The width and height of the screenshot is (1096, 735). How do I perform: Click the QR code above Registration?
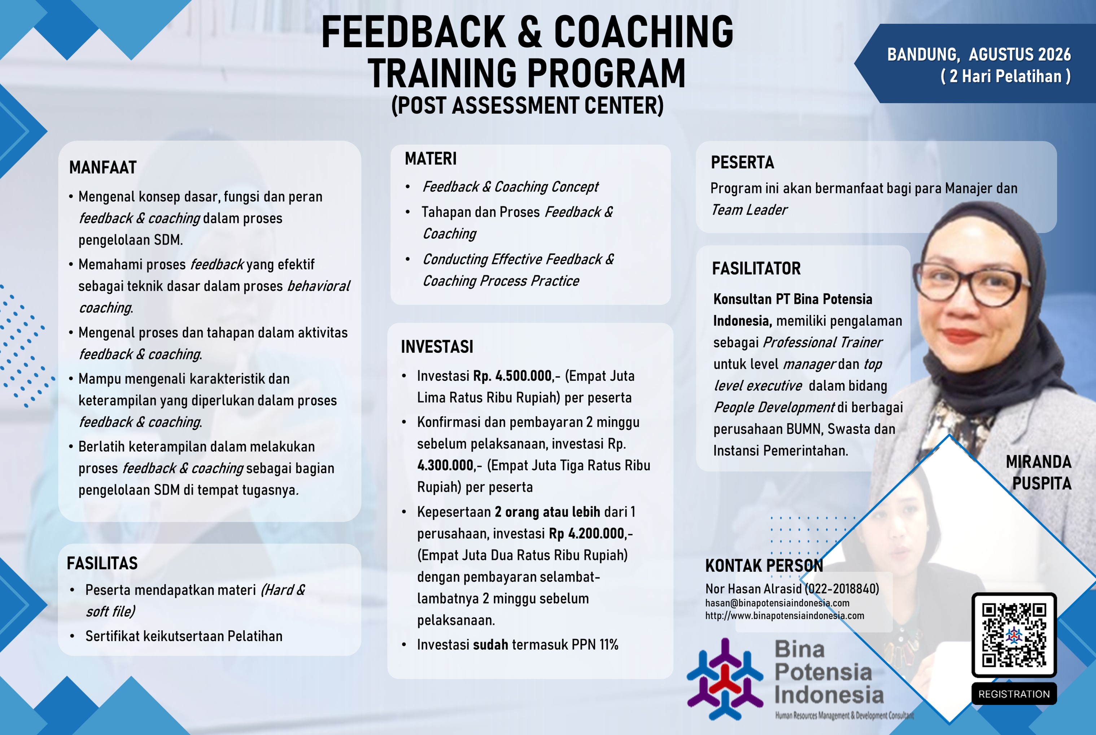1014,635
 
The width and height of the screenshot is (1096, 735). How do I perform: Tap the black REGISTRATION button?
1014,694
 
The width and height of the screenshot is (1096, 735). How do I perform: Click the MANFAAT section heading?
102,167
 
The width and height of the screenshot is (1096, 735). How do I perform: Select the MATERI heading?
430,159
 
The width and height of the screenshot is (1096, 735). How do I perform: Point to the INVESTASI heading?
437,347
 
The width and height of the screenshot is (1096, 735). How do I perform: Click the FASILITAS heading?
102,563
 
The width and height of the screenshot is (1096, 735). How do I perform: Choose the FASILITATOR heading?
756,268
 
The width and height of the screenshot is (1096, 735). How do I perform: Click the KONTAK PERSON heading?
764,566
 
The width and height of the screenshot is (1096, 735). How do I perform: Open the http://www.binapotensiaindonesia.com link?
785,616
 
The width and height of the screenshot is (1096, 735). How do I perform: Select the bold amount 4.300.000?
445,465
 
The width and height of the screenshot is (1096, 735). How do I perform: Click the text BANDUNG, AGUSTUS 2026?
979,54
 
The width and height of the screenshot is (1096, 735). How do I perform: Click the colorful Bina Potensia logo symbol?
725,679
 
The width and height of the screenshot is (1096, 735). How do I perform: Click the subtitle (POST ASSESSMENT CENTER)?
527,105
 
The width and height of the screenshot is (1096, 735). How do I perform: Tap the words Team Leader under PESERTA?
749,210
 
